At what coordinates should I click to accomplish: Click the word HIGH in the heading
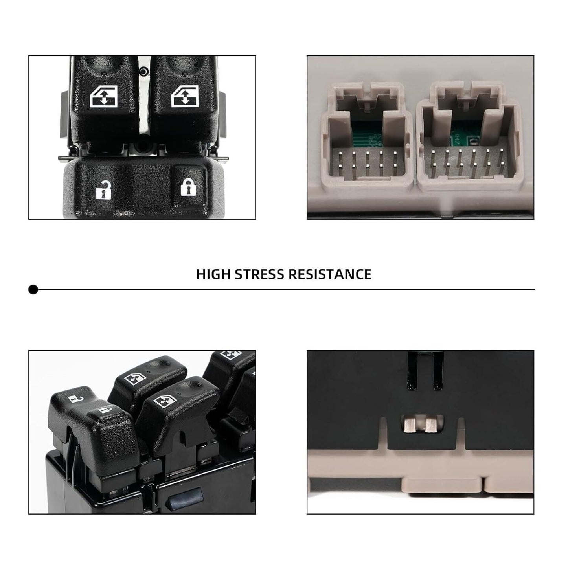(213, 274)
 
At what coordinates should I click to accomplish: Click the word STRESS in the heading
(259, 274)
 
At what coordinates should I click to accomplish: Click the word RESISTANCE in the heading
(330, 274)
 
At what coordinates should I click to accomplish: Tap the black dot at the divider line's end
(33, 289)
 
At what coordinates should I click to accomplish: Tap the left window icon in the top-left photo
(104, 96)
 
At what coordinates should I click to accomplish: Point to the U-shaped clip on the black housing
(425, 371)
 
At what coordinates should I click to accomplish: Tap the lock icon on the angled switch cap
(105, 410)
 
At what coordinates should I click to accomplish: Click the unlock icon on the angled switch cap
(76, 399)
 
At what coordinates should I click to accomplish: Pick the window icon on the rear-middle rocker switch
(135, 379)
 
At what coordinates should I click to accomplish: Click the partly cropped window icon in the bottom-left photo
(231, 355)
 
